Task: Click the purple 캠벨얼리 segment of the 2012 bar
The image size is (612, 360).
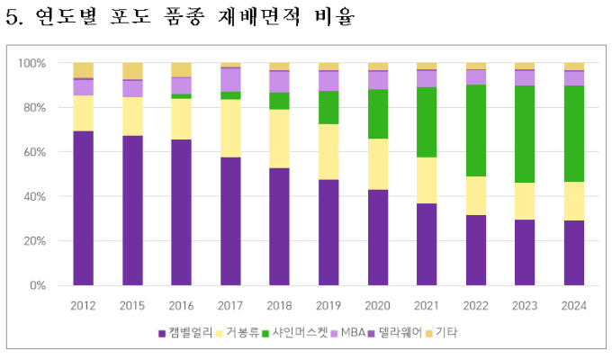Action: pos(84,208)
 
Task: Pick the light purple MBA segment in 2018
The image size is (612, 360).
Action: pos(280,82)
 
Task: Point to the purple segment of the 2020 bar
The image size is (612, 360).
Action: pos(378,238)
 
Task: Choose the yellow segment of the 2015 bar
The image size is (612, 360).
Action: pos(133,116)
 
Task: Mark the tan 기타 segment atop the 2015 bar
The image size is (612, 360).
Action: pos(133,71)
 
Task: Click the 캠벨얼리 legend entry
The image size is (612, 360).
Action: pos(189,333)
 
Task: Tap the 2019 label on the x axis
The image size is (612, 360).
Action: pos(329,305)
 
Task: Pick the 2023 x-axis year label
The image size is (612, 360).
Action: pos(525,305)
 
